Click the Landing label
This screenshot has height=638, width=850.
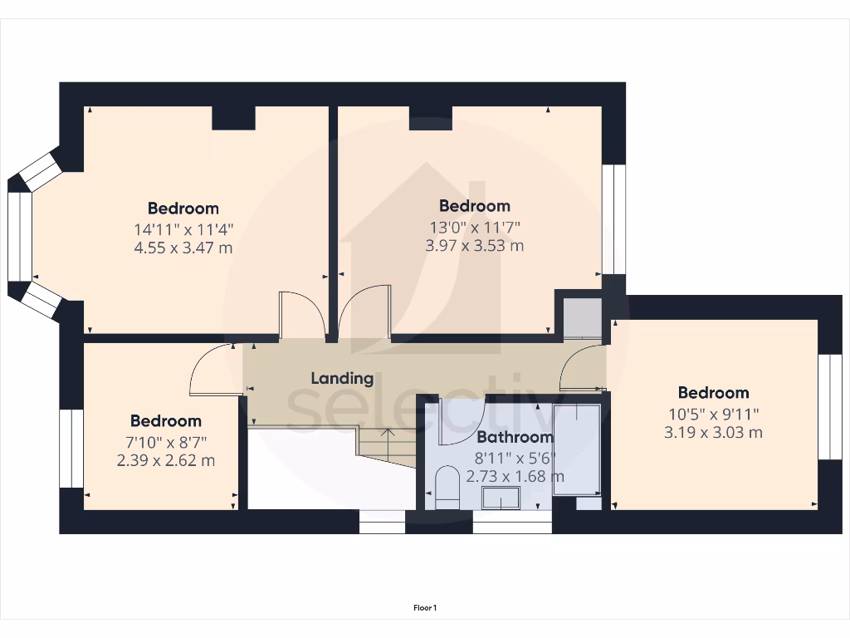(x=342, y=378)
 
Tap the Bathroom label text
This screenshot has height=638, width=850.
(x=515, y=437)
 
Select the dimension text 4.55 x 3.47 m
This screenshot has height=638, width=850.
(x=183, y=248)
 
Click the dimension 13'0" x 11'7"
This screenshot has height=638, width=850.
(x=475, y=226)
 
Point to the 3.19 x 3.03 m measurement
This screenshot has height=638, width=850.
(x=713, y=432)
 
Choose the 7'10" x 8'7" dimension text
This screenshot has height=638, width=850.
(x=165, y=441)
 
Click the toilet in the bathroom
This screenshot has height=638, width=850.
(x=447, y=488)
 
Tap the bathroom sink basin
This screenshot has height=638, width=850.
(x=501, y=499)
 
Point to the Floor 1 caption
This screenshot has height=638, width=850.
(x=425, y=608)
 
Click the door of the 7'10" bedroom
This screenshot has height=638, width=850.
(x=212, y=371)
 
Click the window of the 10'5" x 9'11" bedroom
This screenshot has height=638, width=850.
(x=829, y=406)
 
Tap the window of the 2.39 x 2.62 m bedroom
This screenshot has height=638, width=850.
(x=71, y=449)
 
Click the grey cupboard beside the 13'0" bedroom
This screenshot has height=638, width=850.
(x=583, y=317)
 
